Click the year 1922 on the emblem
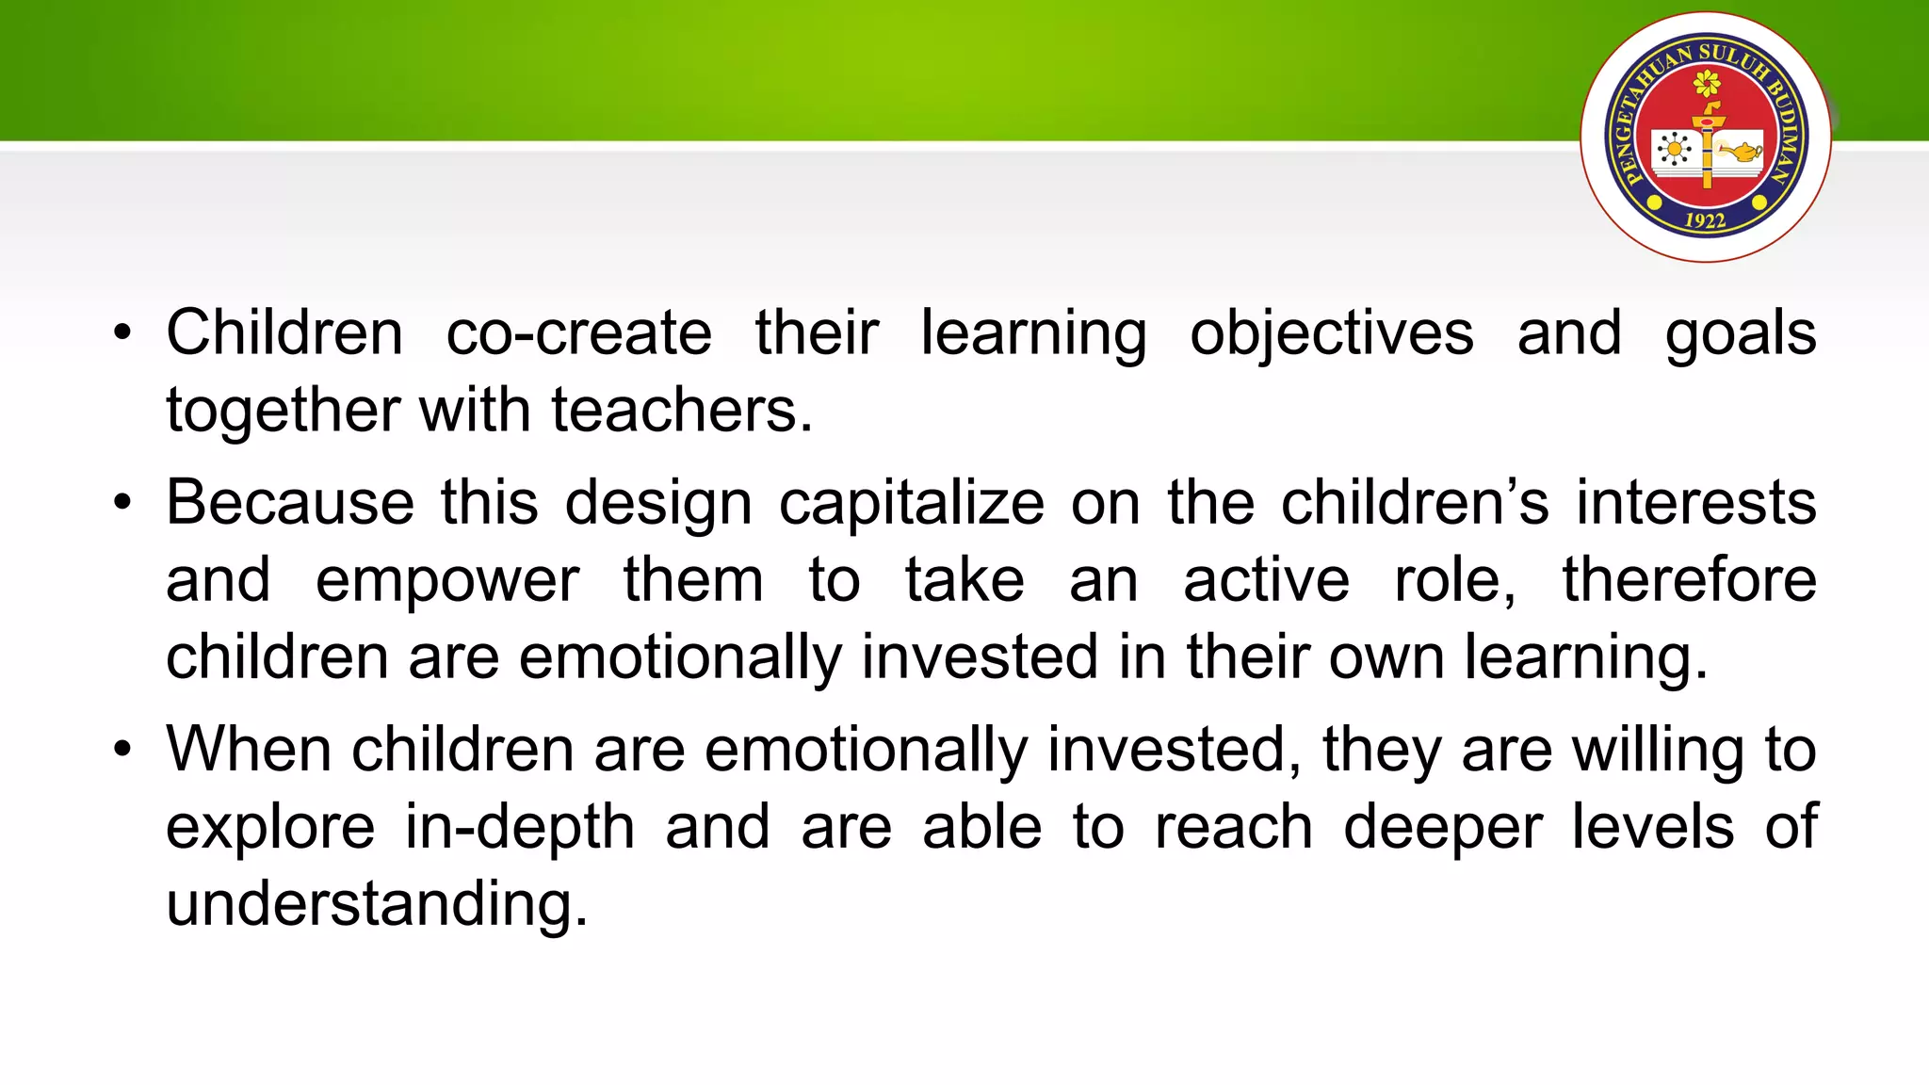[x=1705, y=220]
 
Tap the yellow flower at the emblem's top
[x=1707, y=85]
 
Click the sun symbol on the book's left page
[x=1673, y=150]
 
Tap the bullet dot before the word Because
[x=122, y=503]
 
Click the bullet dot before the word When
[x=122, y=751]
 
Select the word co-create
[x=578, y=333]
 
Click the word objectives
[x=1331, y=333]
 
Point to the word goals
[x=1740, y=333]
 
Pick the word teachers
[x=682, y=411]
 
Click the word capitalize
[x=911, y=503]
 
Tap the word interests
[x=1696, y=503]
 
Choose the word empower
[x=447, y=580]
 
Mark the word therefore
[x=1689, y=580]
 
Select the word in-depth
[x=520, y=828]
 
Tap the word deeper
[x=1442, y=828]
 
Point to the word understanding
[x=377, y=904]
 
